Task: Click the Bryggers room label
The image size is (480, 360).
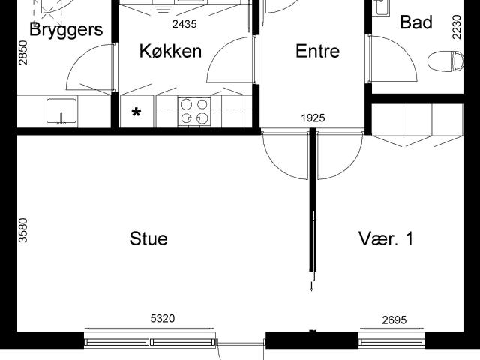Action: pyautogui.click(x=66, y=30)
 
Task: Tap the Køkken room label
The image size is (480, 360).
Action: pyautogui.click(x=171, y=51)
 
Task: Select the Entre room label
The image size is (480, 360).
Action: pyautogui.click(x=317, y=51)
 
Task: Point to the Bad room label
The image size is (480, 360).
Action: pyautogui.click(x=416, y=22)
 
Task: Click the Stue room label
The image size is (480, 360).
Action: pyautogui.click(x=148, y=239)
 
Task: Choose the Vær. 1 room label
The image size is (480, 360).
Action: pyautogui.click(x=386, y=239)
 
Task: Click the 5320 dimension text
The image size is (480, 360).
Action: pyautogui.click(x=163, y=319)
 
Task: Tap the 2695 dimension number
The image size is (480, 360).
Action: pyautogui.click(x=394, y=319)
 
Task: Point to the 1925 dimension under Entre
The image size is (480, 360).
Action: pyautogui.click(x=313, y=118)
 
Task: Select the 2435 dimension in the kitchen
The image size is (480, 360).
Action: pyautogui.click(x=184, y=24)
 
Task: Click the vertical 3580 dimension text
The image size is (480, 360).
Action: pyautogui.click(x=22, y=230)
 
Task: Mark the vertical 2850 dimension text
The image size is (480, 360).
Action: pyautogui.click(x=23, y=54)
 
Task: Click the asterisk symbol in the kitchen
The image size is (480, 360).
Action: pyautogui.click(x=136, y=113)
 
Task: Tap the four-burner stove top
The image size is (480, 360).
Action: pyautogui.click(x=193, y=111)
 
